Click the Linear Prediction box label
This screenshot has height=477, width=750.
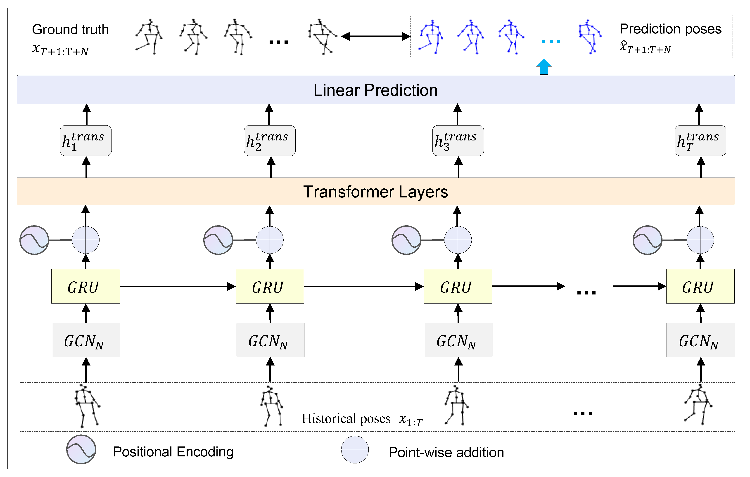click(375, 90)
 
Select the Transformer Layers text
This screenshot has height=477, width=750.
click(375, 192)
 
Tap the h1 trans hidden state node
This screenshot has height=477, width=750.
click(86, 141)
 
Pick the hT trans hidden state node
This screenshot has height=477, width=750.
click(700, 141)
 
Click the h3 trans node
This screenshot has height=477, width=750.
click(458, 141)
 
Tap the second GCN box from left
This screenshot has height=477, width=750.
click(270, 340)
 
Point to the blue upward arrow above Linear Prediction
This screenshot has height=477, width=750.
click(544, 67)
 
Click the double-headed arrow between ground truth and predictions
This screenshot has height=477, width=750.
click(376, 36)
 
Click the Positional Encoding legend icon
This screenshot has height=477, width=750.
click(81, 449)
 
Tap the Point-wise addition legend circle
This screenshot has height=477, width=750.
click(355, 449)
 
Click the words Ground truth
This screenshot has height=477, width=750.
click(70, 30)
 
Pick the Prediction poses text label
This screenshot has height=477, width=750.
click(670, 29)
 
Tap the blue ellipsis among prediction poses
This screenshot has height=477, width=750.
click(551, 41)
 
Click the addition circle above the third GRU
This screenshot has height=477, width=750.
click(458, 240)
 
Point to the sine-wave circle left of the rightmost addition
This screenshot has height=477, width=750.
click(648, 240)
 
